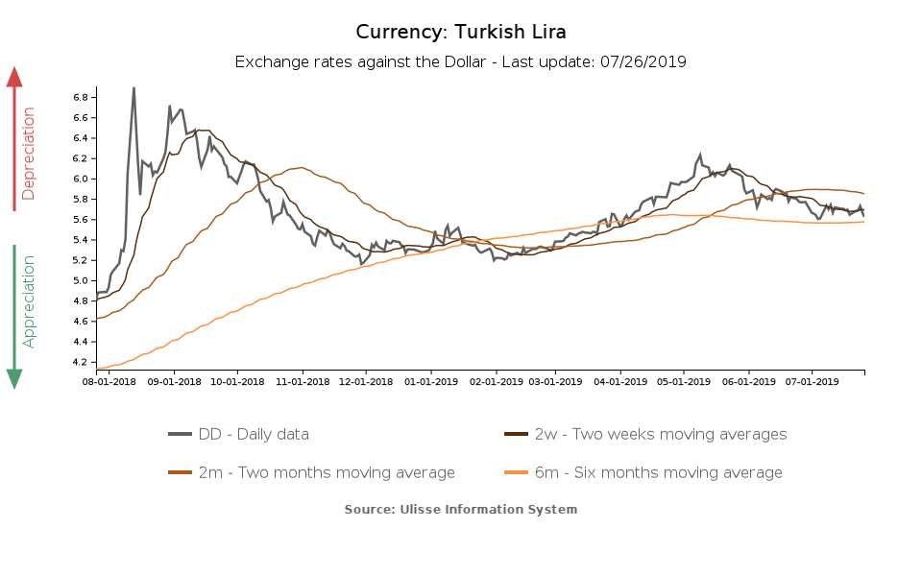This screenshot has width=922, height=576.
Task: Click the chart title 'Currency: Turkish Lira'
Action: tap(460, 32)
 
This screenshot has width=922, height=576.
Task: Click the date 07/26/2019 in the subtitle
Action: tap(643, 62)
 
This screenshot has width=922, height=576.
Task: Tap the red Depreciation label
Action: tap(29, 154)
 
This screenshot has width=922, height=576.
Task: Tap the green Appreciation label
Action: tap(29, 300)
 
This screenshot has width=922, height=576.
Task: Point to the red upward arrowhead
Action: tap(14, 77)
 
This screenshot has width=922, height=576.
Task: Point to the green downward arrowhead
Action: tap(14, 379)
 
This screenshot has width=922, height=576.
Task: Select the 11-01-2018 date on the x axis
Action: tap(303, 381)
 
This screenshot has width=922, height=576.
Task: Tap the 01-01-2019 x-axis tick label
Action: tap(430, 381)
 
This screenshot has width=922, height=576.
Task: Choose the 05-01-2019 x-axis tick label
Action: tap(684, 381)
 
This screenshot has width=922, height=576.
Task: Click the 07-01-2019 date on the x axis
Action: tap(812, 381)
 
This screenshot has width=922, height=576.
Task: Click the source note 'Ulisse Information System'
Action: tap(461, 509)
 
